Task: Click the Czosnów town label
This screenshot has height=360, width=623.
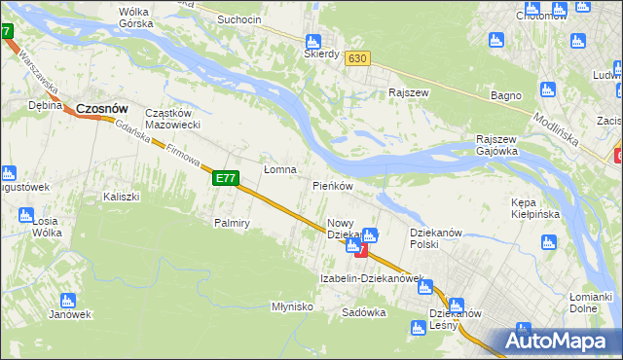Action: [103, 109]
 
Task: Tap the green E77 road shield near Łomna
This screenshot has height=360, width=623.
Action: [225, 178]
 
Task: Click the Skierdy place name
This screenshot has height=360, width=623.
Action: [320, 54]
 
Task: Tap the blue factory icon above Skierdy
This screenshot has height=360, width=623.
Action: [312, 42]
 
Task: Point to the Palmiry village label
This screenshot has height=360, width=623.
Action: [233, 223]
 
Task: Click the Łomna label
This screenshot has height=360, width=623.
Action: [280, 170]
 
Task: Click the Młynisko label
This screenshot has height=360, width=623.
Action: [291, 306]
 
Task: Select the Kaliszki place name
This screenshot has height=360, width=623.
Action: [122, 197]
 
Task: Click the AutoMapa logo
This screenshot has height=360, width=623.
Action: [555, 341]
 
